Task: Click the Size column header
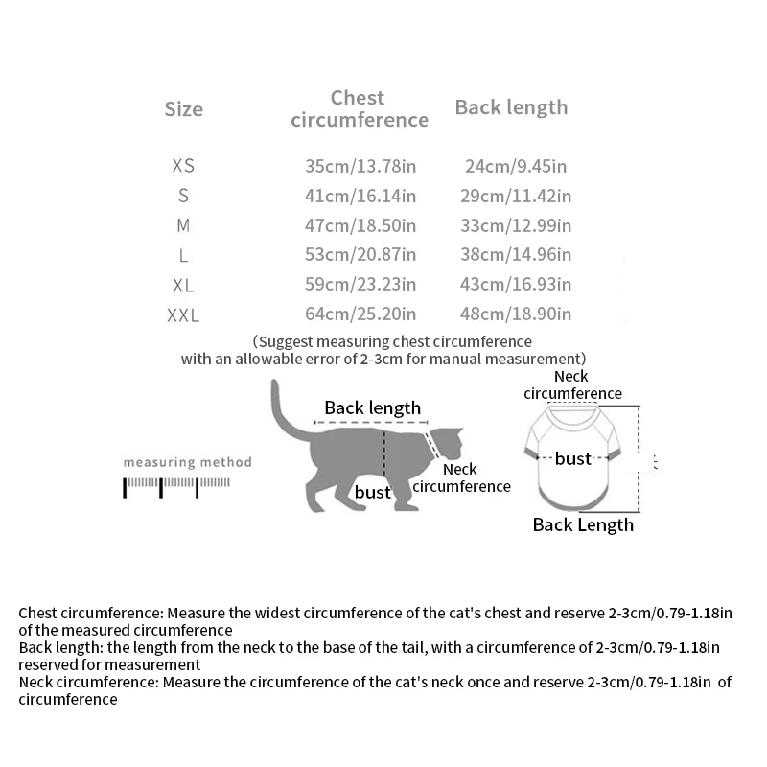pyautogui.click(x=183, y=109)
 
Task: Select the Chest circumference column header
pyautogui.click(x=359, y=108)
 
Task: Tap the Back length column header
pyautogui.click(x=511, y=107)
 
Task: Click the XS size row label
pyautogui.click(x=183, y=166)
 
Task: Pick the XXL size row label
pyautogui.click(x=183, y=314)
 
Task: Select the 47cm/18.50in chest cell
pyautogui.click(x=360, y=225)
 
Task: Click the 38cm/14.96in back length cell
pyautogui.click(x=518, y=255)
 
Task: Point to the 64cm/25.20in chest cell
pyautogui.click(x=360, y=314)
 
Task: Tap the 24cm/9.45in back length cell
pyautogui.click(x=515, y=166)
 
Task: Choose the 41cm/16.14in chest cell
pyautogui.click(x=360, y=196)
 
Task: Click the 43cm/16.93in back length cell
pyautogui.click(x=518, y=285)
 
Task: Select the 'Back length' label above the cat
pyautogui.click(x=372, y=407)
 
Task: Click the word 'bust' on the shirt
pyautogui.click(x=572, y=459)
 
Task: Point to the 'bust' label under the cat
pyautogui.click(x=373, y=493)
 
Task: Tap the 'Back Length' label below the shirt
pyautogui.click(x=583, y=524)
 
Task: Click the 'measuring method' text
pyautogui.click(x=187, y=462)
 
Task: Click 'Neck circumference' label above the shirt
pyautogui.click(x=572, y=384)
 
